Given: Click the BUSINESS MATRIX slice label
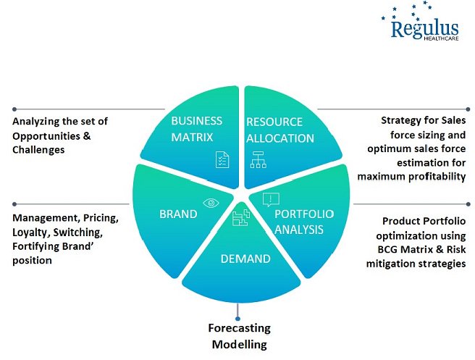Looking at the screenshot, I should click(x=196, y=127).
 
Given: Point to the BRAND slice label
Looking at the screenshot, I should click(x=178, y=214).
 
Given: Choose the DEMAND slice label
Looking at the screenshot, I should click(x=246, y=259).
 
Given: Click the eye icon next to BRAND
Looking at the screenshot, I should click(x=211, y=203).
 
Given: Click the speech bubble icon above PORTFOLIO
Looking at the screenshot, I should click(x=270, y=198).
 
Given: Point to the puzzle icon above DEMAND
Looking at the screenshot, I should click(x=240, y=217).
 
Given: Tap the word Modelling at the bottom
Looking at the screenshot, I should click(x=239, y=343).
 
